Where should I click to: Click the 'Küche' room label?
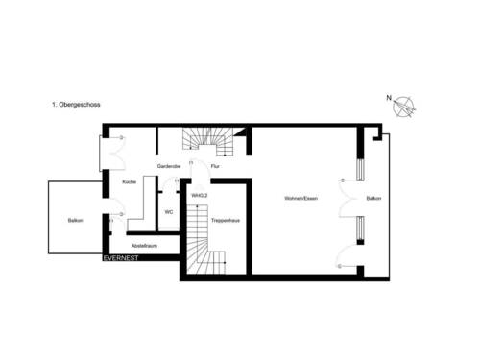(130, 180)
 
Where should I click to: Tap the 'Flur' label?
(215, 166)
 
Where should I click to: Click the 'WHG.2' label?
(200, 195)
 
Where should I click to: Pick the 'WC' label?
(168, 212)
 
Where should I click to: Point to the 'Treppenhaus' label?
(225, 220)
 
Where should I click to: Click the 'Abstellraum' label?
(144, 245)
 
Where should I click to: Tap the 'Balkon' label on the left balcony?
(75, 221)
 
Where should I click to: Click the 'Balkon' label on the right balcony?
(373, 199)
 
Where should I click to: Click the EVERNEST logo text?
(122, 257)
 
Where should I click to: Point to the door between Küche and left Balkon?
(116, 210)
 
